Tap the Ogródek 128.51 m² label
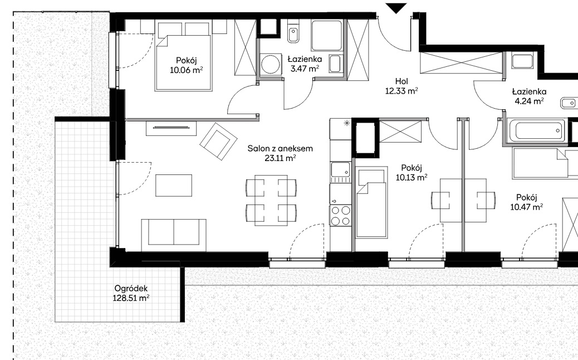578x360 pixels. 131,293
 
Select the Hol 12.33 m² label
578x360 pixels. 401,86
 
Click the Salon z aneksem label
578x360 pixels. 280,149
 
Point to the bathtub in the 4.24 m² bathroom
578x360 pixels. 536,130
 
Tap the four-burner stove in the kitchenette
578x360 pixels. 341,216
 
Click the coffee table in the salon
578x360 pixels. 174,185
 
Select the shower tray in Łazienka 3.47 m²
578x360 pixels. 327,36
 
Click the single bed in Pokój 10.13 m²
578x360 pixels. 371,202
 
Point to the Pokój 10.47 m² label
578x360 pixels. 526,202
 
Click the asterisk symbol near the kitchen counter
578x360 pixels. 346,123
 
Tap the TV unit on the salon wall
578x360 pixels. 172,128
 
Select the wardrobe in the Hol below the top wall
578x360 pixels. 461,63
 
